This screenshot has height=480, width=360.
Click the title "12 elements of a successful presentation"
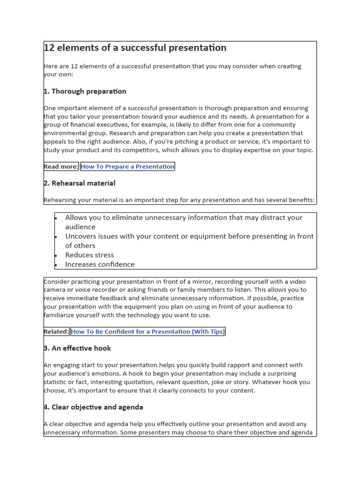[x=135, y=48]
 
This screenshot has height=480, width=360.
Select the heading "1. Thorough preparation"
[x=85, y=91]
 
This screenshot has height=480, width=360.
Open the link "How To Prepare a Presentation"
[x=127, y=166]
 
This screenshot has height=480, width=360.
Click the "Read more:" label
[x=61, y=166]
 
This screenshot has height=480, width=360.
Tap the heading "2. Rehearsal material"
[x=79, y=183]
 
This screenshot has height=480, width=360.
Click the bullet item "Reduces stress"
[x=90, y=255]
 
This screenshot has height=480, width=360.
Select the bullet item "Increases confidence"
[x=100, y=264]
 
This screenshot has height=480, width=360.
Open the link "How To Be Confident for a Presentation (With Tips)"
[x=148, y=332]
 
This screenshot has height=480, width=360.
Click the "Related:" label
[x=56, y=332]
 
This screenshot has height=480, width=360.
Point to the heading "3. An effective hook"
[x=77, y=348]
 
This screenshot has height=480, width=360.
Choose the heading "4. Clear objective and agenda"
[x=93, y=407]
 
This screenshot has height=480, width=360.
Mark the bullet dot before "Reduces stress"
[x=56, y=255]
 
